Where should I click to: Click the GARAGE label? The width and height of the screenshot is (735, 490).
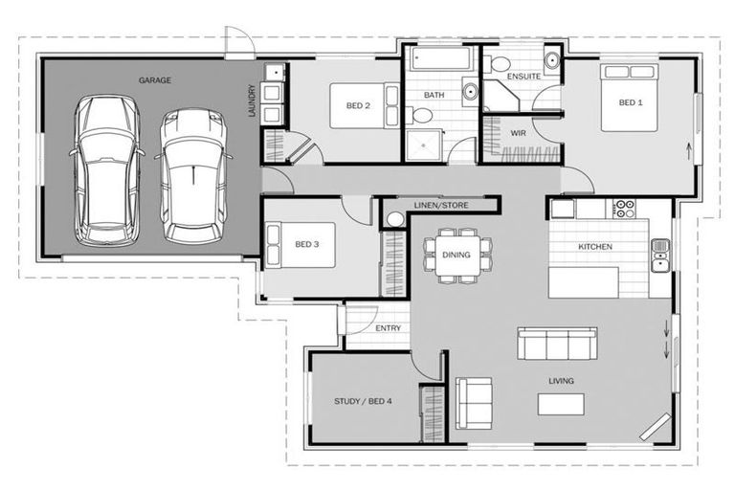point(154,80)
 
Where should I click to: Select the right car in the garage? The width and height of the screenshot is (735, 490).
point(194,172)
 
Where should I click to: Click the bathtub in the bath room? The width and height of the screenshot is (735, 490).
point(440,61)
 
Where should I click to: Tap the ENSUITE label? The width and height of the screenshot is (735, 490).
point(523,76)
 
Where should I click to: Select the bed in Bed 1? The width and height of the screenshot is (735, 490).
point(629,100)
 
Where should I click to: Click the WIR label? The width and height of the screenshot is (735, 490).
point(518,133)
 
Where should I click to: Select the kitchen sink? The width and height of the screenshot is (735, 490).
point(660,251)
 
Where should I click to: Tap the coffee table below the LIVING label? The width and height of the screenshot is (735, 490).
point(561,405)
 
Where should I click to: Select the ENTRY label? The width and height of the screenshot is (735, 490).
point(388,328)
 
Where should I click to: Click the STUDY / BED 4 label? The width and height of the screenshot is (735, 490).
point(363,400)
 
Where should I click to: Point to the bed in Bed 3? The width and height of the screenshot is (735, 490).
point(286,244)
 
